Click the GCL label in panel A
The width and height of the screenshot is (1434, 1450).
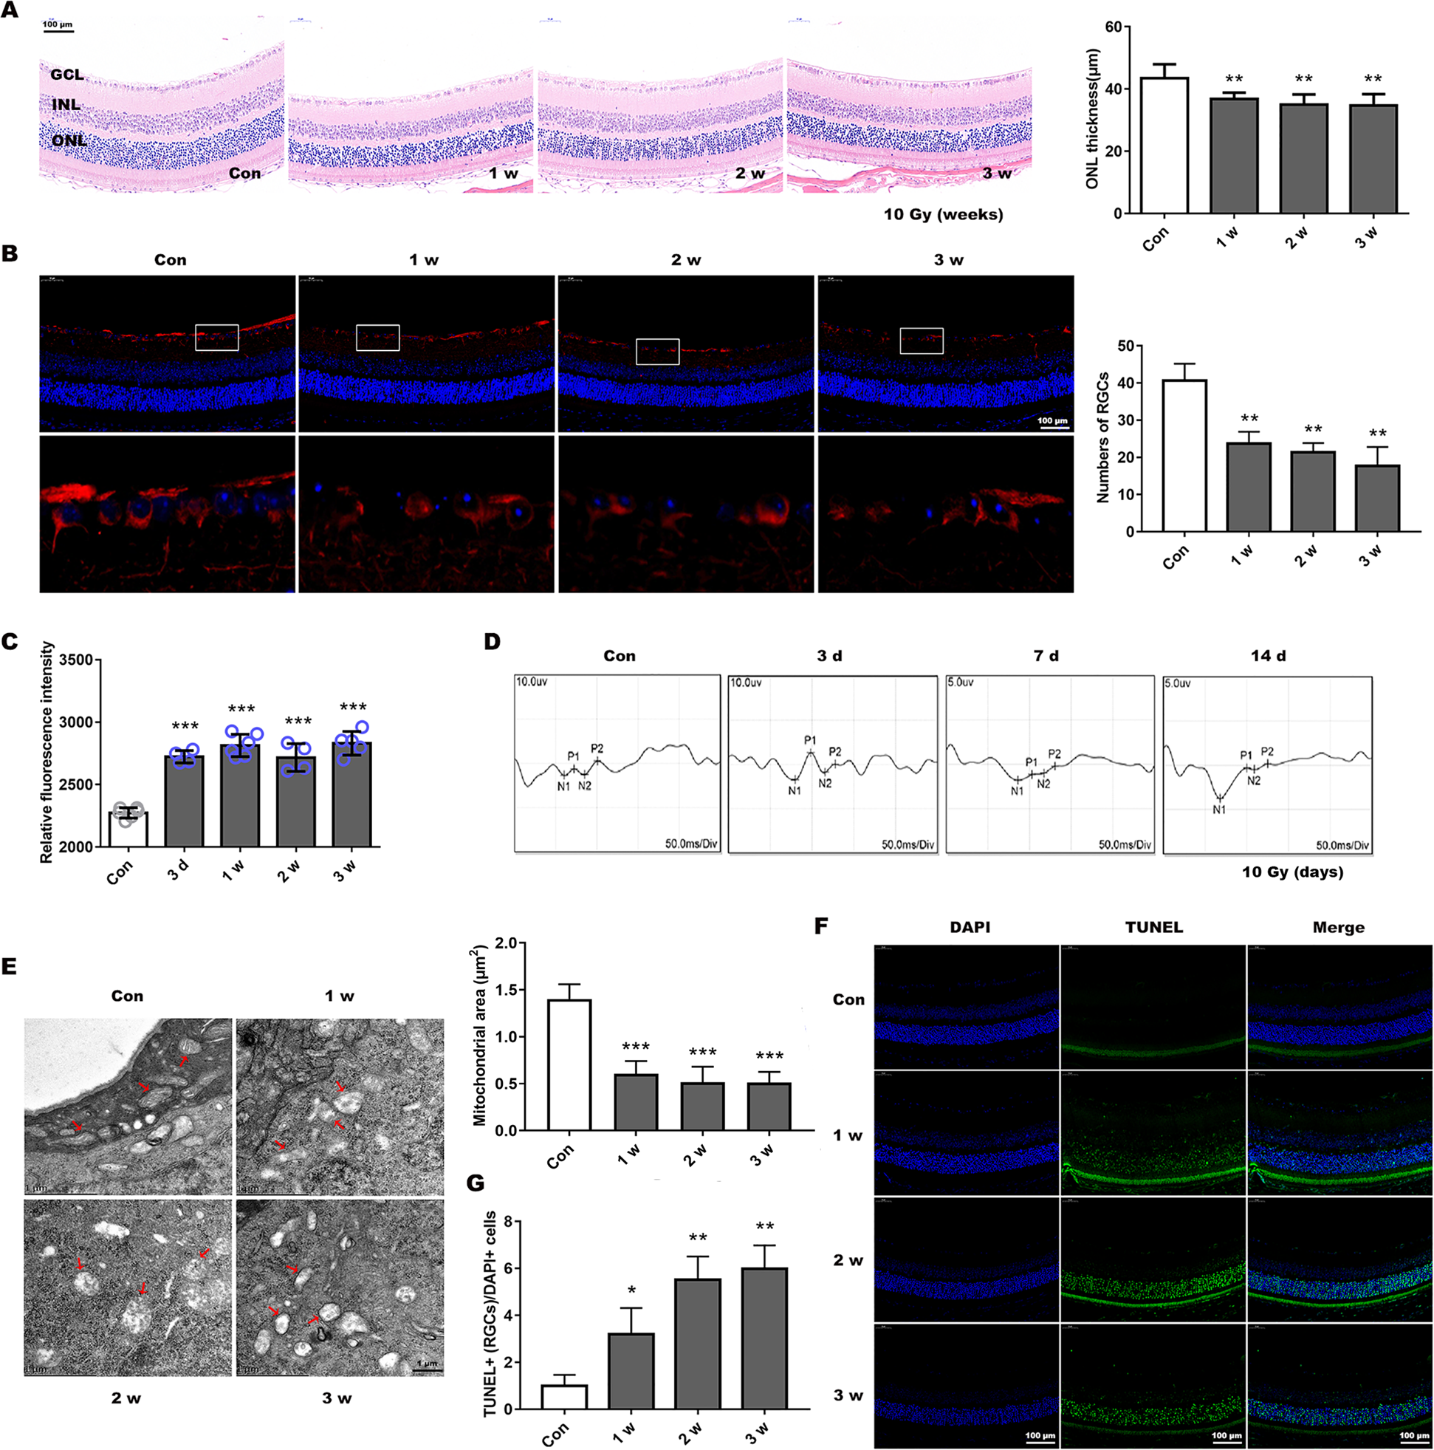[x=66, y=75]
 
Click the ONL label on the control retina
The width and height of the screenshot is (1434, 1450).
[x=69, y=140]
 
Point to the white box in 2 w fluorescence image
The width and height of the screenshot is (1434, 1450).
[x=657, y=352]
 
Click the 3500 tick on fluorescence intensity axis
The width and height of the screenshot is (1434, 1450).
[x=75, y=660]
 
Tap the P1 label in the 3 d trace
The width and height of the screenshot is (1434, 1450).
[x=810, y=740]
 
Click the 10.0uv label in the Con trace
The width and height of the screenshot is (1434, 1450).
[x=531, y=682]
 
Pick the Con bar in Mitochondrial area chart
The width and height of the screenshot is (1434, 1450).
[x=569, y=1065]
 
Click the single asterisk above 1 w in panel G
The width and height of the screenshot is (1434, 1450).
[x=632, y=1291]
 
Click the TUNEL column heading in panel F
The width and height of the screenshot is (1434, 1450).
[x=1153, y=927]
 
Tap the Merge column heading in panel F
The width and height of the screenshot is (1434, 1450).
[x=1338, y=927]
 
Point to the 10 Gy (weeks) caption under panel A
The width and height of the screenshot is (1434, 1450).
[x=942, y=214]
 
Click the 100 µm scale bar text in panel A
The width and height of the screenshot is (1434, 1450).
[x=57, y=25]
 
